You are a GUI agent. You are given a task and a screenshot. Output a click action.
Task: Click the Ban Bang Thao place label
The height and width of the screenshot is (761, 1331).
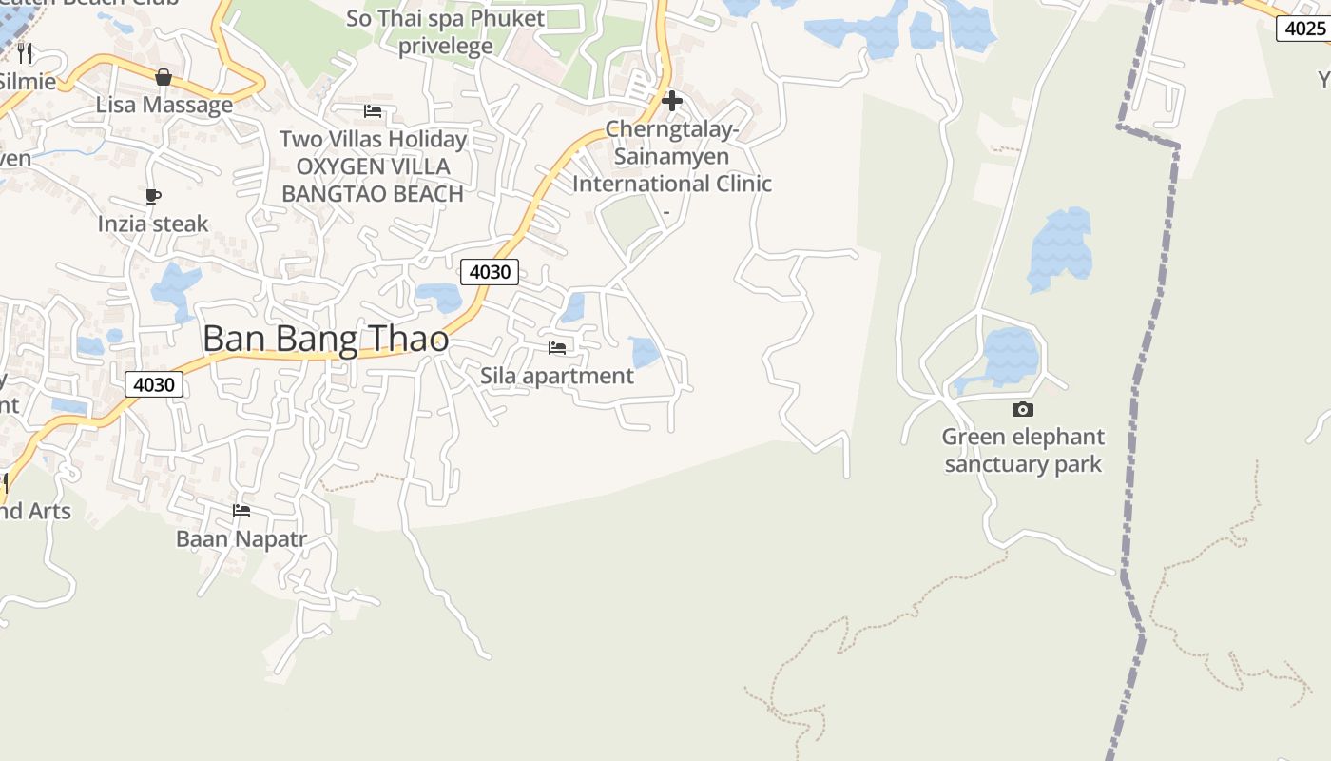point(325,339)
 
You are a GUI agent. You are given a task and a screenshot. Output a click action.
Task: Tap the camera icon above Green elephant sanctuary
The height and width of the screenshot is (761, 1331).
point(1023,409)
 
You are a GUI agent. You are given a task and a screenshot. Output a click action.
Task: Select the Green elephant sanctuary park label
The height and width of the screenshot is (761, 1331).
point(1023,451)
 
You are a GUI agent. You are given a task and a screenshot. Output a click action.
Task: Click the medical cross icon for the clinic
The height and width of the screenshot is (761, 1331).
point(672,101)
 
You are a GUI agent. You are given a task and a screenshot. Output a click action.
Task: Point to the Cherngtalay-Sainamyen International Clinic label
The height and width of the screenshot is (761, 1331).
point(672,156)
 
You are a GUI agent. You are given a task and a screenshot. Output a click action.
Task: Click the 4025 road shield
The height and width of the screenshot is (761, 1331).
point(1304,29)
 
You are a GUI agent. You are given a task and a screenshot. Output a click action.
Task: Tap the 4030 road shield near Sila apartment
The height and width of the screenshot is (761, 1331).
point(491,272)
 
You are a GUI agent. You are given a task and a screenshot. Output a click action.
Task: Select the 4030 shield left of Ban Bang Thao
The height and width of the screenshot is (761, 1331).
point(154,384)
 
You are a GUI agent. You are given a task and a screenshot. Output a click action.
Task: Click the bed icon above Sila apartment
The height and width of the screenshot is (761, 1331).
point(557,348)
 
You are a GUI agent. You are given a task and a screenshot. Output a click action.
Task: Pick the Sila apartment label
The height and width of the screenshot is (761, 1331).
point(557,376)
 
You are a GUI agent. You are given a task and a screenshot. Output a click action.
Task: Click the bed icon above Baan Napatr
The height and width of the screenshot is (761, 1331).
point(241,511)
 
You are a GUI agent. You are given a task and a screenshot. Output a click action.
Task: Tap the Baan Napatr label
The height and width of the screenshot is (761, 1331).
point(241,538)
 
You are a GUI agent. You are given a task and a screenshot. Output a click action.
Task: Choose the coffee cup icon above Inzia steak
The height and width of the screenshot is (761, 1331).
point(153,197)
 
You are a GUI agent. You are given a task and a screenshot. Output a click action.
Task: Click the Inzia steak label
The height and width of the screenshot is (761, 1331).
point(153,224)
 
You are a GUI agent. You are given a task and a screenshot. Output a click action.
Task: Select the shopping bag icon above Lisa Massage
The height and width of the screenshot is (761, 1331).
point(164,77)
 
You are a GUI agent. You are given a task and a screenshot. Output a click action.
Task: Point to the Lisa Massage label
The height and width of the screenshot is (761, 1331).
point(164,105)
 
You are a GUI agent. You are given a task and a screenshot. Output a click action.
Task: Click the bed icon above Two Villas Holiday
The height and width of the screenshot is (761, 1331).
point(373,111)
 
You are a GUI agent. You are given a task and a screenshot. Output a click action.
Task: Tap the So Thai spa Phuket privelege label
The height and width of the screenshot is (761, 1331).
point(445,31)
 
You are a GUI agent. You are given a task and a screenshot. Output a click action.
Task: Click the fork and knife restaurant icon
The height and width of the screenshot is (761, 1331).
point(25,53)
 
